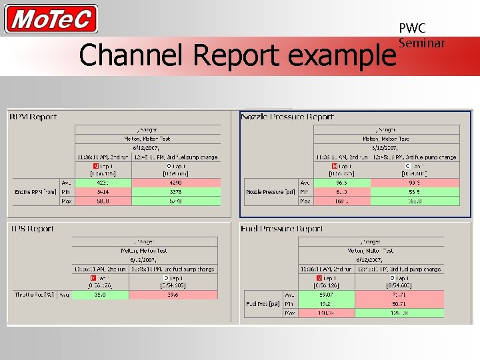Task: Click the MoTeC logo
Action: pyautogui.click(x=51, y=19)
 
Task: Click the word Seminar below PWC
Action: pyautogui.click(x=421, y=43)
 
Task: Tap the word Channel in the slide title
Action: pyautogui.click(x=127, y=56)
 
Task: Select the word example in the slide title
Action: pyautogui.click(x=341, y=57)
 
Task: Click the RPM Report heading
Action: pyautogui.click(x=33, y=117)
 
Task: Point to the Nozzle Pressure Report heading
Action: pyautogui.click(x=287, y=117)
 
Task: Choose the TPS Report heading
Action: pyautogui.click(x=31, y=229)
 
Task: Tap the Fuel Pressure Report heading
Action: pyautogui.click(x=282, y=229)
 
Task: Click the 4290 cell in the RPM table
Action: pyautogui.click(x=176, y=182)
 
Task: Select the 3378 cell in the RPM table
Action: pyautogui.click(x=176, y=191)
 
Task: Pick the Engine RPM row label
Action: pyautogui.click(x=35, y=191)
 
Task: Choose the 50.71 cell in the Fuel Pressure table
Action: pyautogui.click(x=400, y=303)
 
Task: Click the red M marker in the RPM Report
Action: pyautogui.click(x=95, y=165)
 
